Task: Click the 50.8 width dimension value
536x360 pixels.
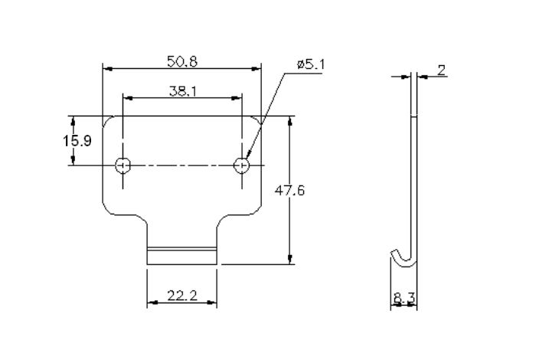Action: [181, 61]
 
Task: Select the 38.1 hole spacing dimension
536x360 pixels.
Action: [181, 90]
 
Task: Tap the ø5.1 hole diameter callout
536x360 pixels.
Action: [311, 64]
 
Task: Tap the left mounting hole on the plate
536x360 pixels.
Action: [123, 165]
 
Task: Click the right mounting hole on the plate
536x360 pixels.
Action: [241, 165]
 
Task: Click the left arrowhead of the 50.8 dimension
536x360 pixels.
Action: [106, 69]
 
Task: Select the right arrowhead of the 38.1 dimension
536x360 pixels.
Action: [237, 98]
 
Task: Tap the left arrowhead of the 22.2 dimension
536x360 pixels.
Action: [151, 302]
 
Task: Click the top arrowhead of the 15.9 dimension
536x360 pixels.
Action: [73, 120]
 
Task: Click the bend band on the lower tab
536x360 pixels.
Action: [181, 250]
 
